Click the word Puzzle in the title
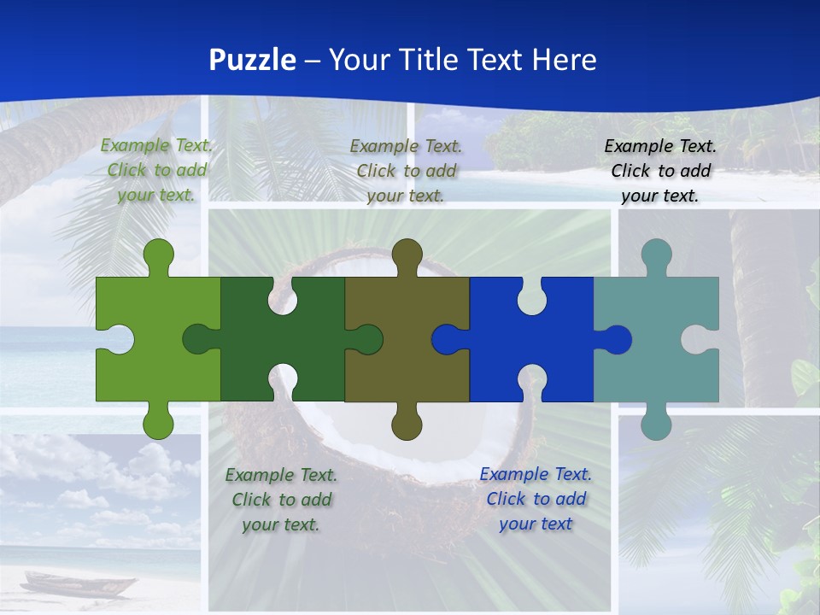tap(253, 60)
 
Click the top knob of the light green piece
tap(158, 255)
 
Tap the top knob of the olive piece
tap(407, 255)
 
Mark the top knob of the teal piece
tap(656, 255)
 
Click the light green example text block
tap(157, 170)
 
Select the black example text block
tap(660, 171)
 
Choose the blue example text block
tap(536, 498)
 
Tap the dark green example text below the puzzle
tap(281, 499)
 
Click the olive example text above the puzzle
tap(406, 171)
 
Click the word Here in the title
tap(564, 60)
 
